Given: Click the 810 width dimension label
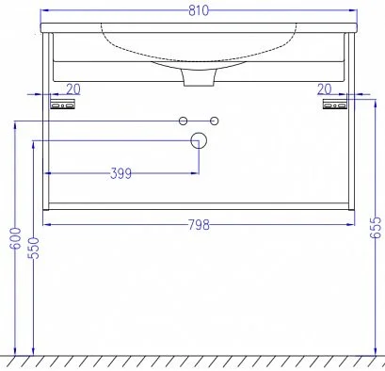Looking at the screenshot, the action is pyautogui.click(x=199, y=10).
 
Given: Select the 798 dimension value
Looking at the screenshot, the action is pyautogui.click(x=199, y=225).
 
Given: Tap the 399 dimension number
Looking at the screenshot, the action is pyautogui.click(x=120, y=173).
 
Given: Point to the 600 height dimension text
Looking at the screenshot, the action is pyautogui.click(x=16, y=238).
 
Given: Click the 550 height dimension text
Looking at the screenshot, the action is pyautogui.click(x=34, y=248).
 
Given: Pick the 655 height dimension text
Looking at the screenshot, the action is pyautogui.click(x=376, y=227).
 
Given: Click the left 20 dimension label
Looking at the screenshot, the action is pyautogui.click(x=73, y=89).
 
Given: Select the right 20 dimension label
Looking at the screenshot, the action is pyautogui.click(x=324, y=89).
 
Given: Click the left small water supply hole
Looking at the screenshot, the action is pyautogui.click(x=183, y=121).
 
